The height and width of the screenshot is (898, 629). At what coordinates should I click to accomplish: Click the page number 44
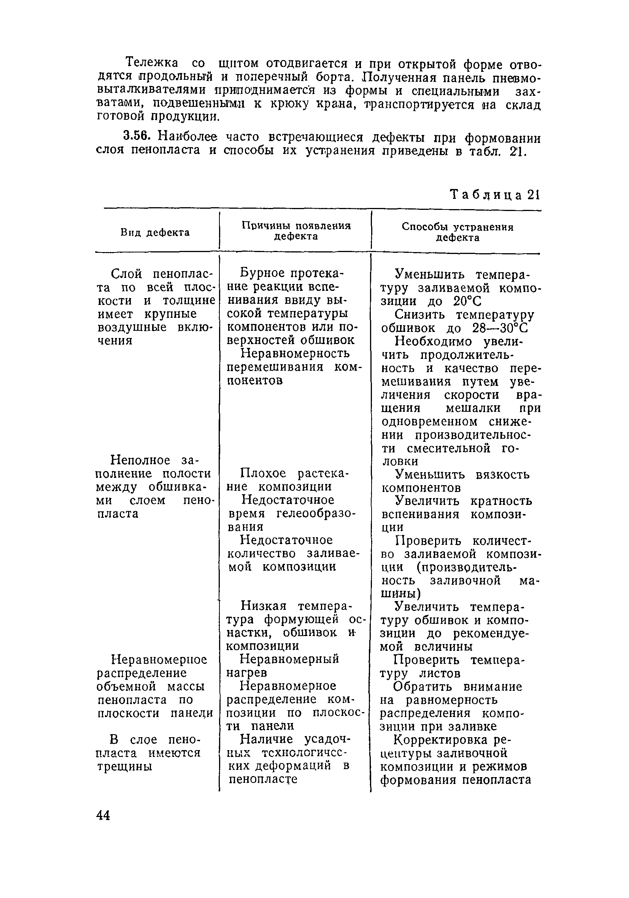click(x=103, y=815)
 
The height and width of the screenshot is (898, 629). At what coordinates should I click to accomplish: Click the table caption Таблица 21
click(x=495, y=194)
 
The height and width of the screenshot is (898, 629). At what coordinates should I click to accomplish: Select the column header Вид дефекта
click(x=155, y=232)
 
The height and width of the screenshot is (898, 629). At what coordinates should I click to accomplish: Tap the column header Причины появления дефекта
click(x=296, y=231)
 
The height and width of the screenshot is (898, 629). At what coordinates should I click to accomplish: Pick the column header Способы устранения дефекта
click(x=457, y=232)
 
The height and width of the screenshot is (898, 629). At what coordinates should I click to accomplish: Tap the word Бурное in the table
click(x=262, y=273)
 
